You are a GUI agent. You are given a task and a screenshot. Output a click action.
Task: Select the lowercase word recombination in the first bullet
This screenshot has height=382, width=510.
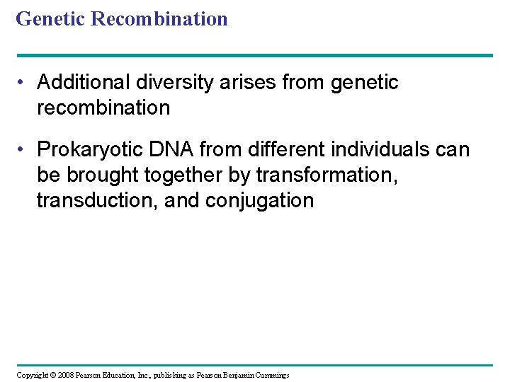(x=103, y=108)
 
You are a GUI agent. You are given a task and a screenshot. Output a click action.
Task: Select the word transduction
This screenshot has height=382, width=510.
(x=96, y=200)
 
